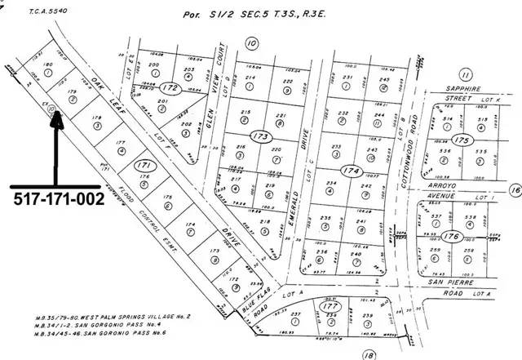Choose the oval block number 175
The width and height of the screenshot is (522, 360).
coord(463,140)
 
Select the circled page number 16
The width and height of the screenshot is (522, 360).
coord(513,189)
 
